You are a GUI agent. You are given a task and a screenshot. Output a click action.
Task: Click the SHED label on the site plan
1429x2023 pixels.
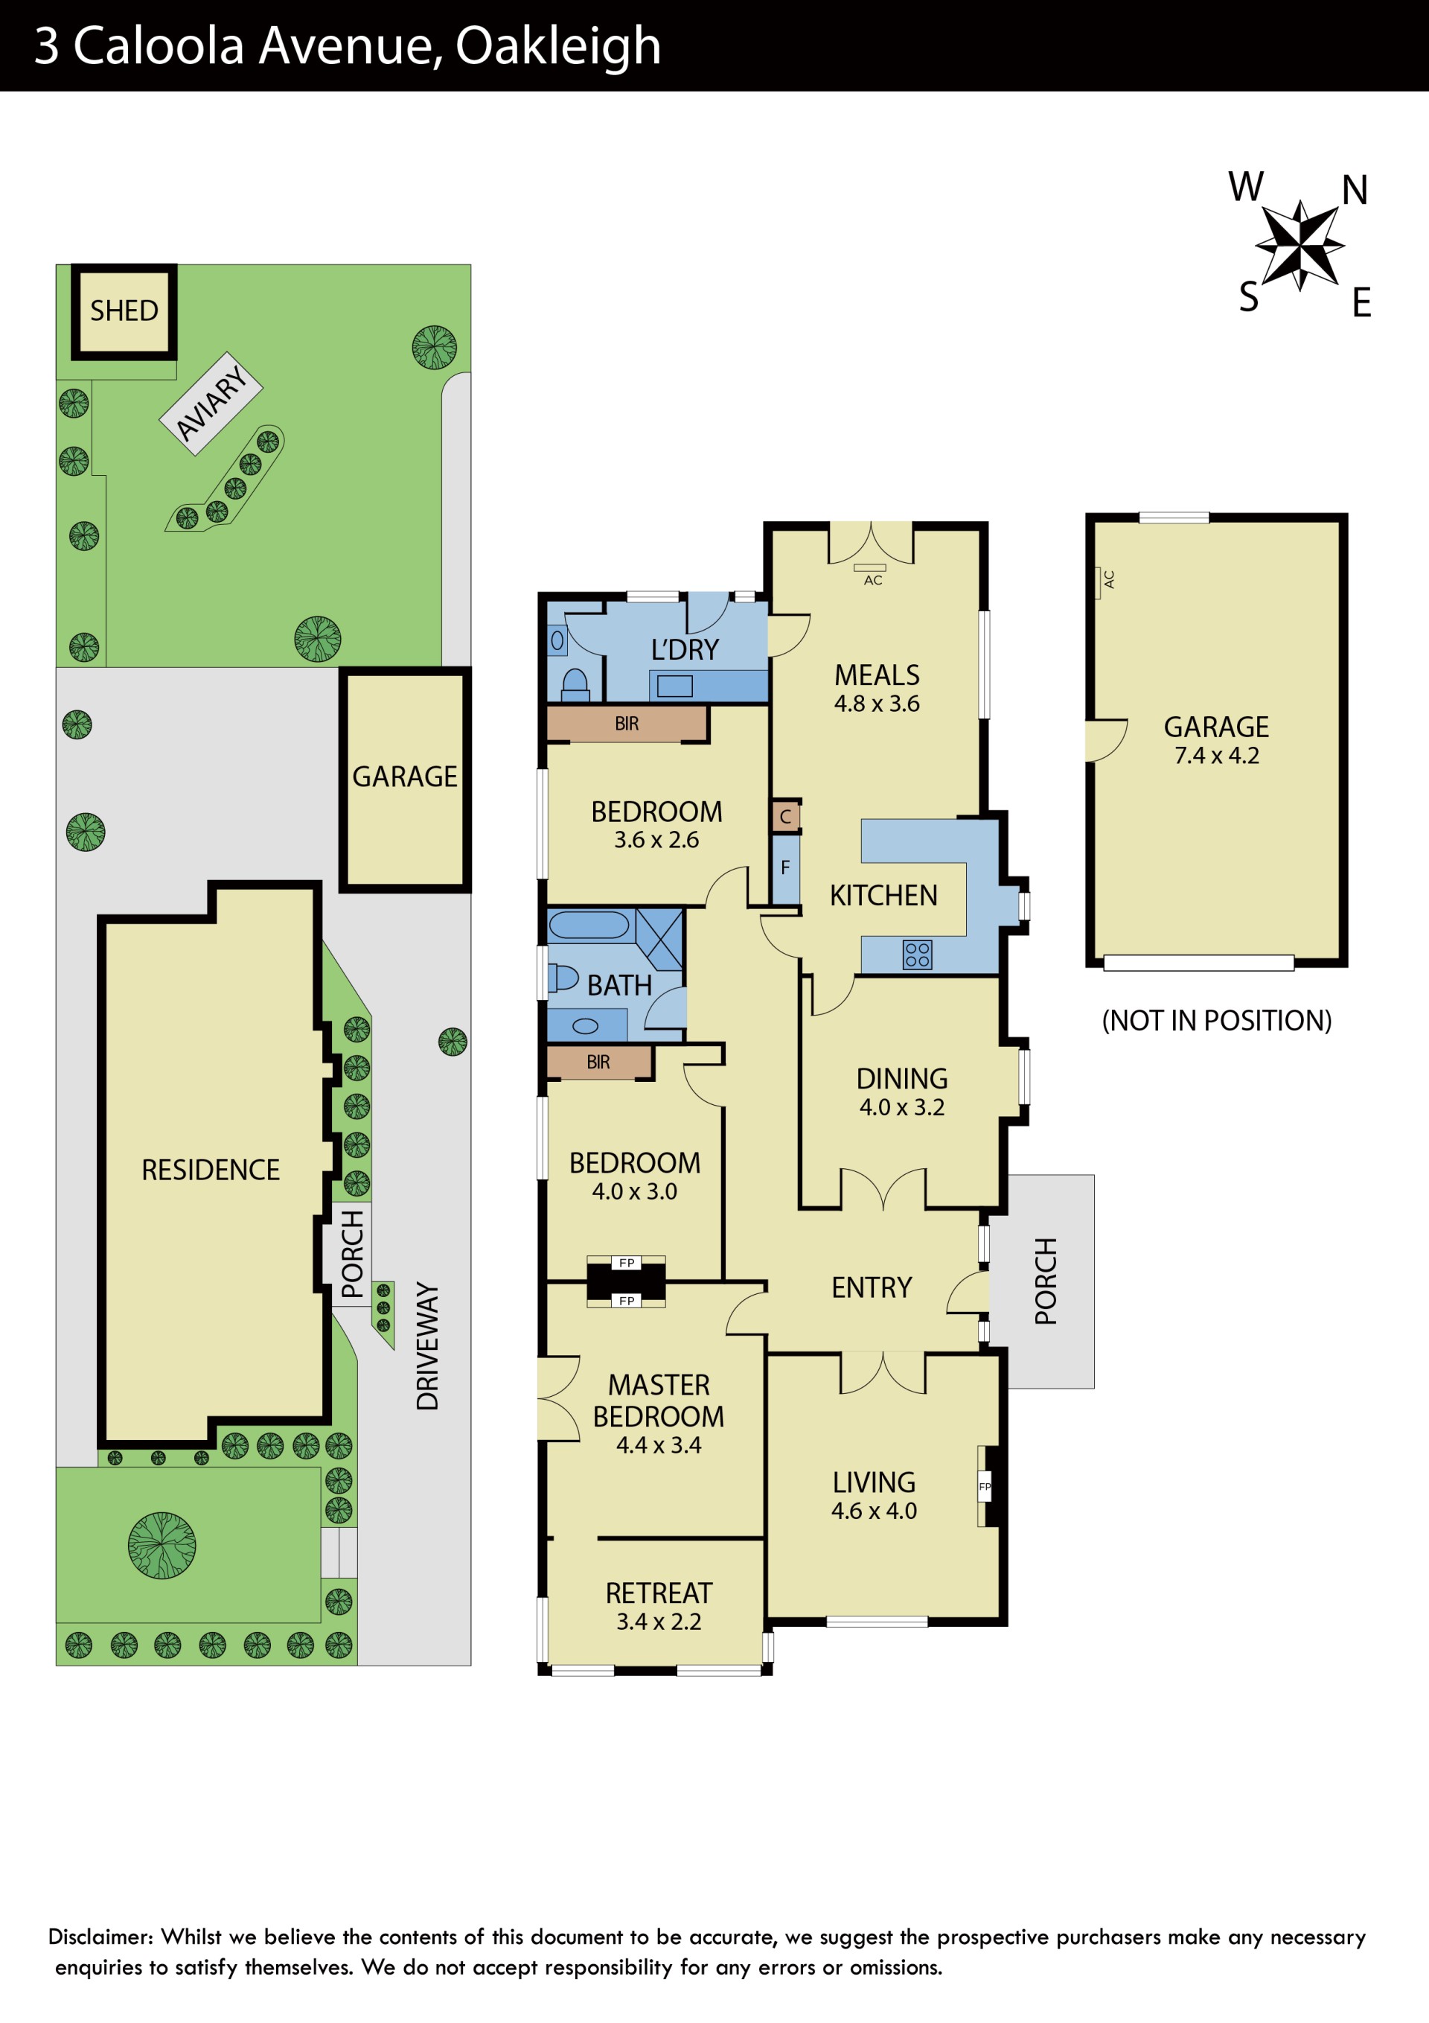[x=124, y=311]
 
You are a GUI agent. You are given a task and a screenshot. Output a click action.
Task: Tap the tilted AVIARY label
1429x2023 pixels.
[x=211, y=404]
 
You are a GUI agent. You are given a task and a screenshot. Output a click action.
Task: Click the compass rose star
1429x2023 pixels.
[x=1299, y=244]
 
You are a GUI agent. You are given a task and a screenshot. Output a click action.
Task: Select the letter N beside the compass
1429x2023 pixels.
[x=1355, y=191]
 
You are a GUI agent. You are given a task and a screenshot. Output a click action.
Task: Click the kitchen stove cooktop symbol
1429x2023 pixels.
[x=917, y=955]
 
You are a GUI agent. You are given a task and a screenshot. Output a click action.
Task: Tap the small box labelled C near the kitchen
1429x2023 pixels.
[x=785, y=817]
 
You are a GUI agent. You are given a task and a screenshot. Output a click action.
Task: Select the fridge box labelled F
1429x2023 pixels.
[x=785, y=868]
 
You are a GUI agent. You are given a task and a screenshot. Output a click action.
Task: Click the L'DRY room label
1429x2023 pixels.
[x=685, y=650]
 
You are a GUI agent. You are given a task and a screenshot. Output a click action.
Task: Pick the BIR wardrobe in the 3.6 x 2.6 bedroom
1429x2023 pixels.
[x=627, y=724]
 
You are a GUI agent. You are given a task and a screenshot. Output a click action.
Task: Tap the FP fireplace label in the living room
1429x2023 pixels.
[x=985, y=1486]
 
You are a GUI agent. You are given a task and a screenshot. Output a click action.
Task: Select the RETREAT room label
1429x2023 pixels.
[x=659, y=1593]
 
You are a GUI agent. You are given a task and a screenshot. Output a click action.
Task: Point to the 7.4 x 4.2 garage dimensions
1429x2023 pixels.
[x=1217, y=756]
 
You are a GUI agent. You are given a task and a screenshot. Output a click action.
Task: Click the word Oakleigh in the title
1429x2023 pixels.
[x=558, y=47]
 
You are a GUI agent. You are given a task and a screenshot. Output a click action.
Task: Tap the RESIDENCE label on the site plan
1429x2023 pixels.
[x=211, y=1170]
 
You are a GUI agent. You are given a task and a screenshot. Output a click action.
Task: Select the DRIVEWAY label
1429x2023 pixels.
[x=427, y=1345]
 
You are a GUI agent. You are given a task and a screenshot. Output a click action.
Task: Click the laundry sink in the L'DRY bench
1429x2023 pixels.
[x=675, y=686]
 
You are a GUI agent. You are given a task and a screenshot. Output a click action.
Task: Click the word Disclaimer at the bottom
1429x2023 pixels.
[x=100, y=1937]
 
